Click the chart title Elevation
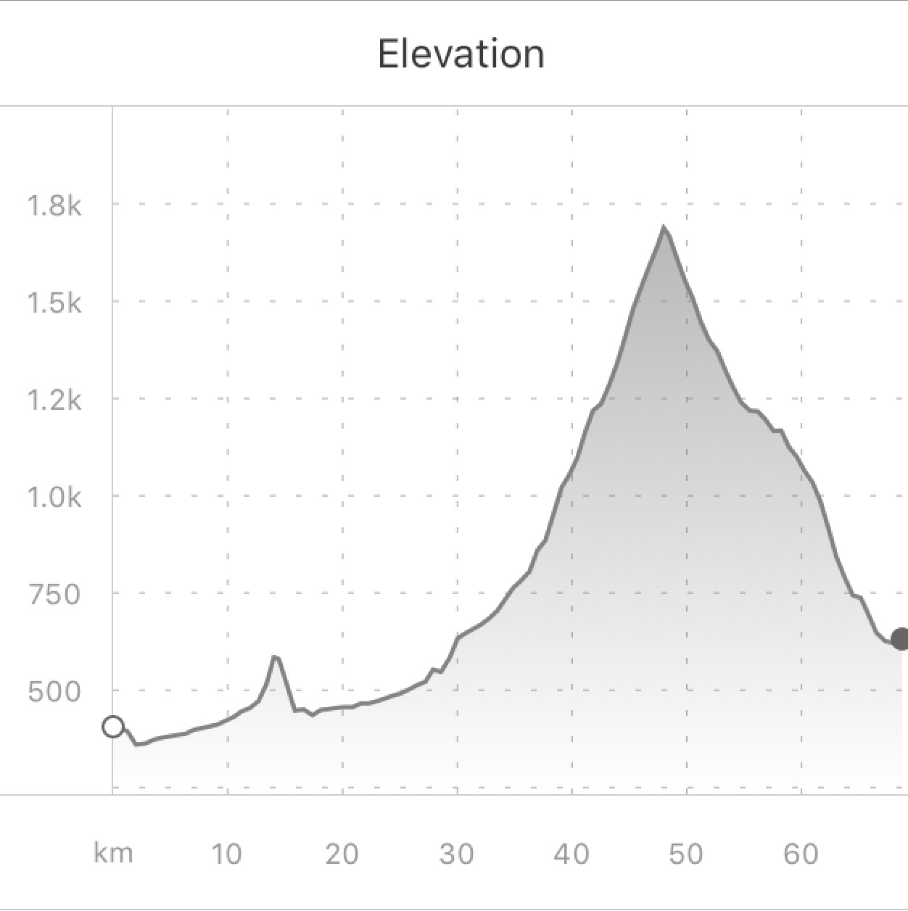[461, 54]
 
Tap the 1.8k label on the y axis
[54, 206]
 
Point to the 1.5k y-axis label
[54, 303]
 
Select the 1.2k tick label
[54, 400]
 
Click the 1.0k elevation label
[54, 498]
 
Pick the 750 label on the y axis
[54, 595]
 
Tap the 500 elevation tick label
[54, 692]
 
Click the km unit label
[113, 854]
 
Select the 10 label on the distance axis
[227, 854]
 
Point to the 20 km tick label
[342, 854]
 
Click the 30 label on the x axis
[456, 854]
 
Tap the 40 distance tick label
[571, 854]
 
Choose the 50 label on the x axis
[685, 854]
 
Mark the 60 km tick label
[801, 854]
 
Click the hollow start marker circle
[113, 727]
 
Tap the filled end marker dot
[900, 639]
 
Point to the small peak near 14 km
[275, 656]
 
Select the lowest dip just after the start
[137, 744]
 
